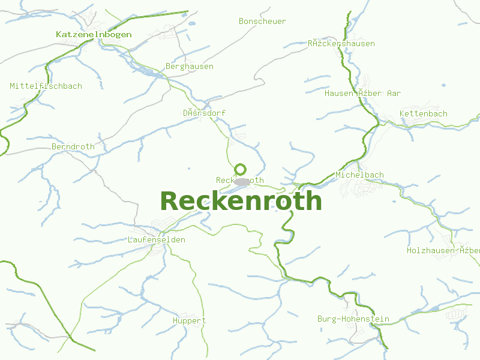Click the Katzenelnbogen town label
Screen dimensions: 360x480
(93, 34)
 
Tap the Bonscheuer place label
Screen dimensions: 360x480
(262, 21)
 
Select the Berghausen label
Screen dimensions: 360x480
(189, 66)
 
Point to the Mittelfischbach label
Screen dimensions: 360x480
(46, 86)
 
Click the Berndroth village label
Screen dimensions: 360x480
(73, 146)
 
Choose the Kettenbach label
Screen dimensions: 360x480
(423, 113)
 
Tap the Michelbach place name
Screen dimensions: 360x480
(359, 175)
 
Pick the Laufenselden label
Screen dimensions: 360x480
(156, 239)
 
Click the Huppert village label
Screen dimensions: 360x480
(189, 320)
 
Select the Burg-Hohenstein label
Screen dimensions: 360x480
(353, 319)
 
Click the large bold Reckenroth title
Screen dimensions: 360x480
(241, 201)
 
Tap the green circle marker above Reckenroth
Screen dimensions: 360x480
(240, 169)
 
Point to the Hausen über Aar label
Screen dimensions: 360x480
(362, 93)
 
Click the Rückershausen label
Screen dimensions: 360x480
(341, 43)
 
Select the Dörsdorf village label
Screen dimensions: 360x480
(204, 113)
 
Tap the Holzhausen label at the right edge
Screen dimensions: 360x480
(443, 250)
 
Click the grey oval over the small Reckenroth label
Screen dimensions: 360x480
(241, 181)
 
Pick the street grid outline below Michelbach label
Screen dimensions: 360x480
(361, 189)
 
